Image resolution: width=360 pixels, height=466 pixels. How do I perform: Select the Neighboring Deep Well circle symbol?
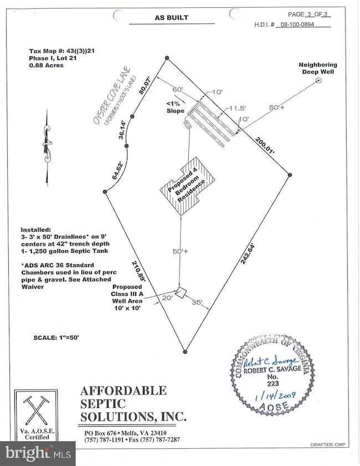tap(320, 81)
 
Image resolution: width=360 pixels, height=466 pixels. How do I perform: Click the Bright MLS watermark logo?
tap(37, 453)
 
